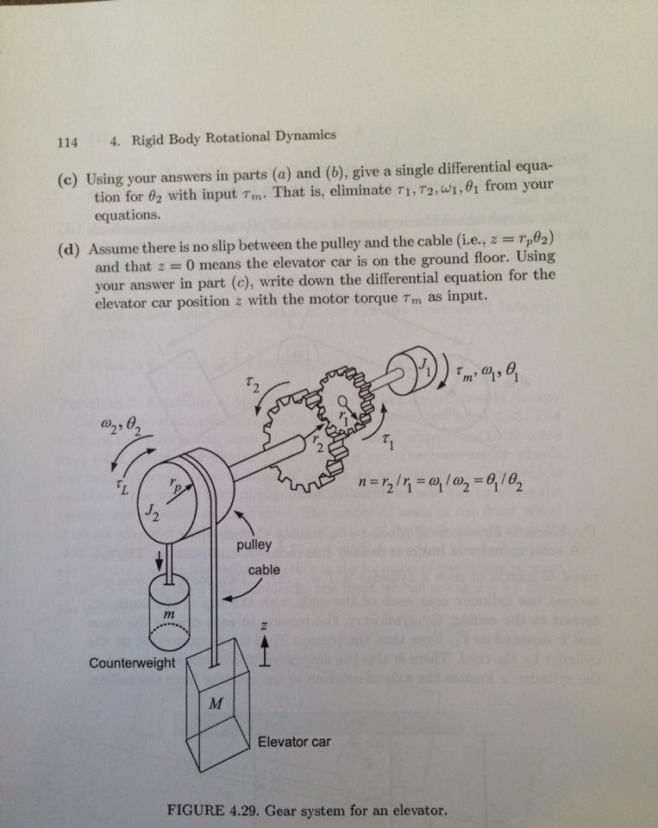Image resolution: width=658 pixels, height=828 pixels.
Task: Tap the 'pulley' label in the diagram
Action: coord(254,544)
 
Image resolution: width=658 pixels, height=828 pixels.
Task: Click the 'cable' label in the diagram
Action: coord(264,570)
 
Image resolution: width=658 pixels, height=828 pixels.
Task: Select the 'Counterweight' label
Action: coord(131,663)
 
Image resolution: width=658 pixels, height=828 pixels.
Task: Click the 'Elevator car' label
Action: coord(294,741)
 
